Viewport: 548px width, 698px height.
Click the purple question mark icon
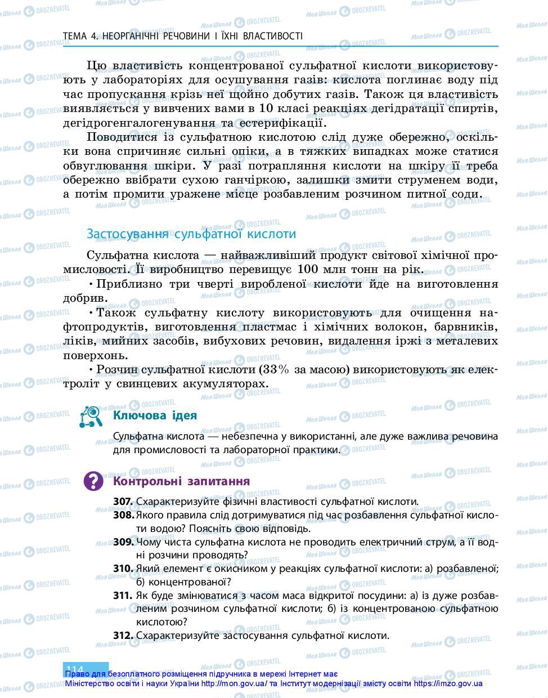click(x=93, y=481)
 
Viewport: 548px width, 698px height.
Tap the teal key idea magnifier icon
click(x=91, y=417)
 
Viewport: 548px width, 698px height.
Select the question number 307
click(x=123, y=502)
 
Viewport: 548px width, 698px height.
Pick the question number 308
click(x=123, y=515)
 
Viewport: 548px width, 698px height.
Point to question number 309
click(x=123, y=542)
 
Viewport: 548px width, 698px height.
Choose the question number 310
click(x=123, y=569)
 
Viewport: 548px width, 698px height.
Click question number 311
click(x=123, y=596)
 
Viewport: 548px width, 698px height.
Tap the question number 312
click(x=123, y=636)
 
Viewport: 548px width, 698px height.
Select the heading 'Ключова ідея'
click(x=155, y=415)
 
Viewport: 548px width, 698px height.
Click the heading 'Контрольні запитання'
click(x=182, y=481)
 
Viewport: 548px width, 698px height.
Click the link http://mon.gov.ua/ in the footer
click(x=234, y=684)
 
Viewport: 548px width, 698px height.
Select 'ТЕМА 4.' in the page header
click(x=80, y=36)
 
